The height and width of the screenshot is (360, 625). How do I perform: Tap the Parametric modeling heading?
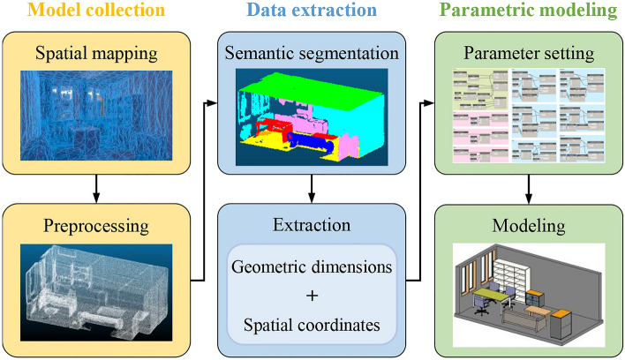point(528,12)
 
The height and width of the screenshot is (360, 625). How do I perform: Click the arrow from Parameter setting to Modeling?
point(528,187)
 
